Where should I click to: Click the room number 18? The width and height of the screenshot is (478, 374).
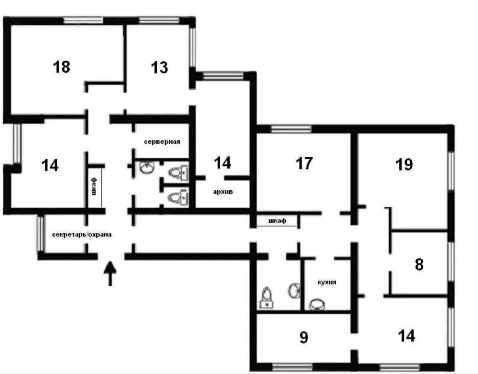coord(61,67)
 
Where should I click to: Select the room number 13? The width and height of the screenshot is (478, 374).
coord(159,68)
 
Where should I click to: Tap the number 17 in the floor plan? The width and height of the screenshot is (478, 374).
coord(304,163)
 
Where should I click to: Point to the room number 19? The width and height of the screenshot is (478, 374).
coord(404,164)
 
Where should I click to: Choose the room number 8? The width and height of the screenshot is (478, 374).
coord(419,264)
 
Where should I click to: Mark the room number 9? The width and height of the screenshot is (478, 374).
coord(304,337)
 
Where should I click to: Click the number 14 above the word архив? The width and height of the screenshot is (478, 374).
coord(223,163)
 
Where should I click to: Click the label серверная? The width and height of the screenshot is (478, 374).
coord(162,142)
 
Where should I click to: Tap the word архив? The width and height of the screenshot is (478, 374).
coord(223,192)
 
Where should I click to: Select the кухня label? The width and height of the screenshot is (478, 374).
coord(327,282)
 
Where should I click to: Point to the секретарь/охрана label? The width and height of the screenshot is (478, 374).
coord(82,234)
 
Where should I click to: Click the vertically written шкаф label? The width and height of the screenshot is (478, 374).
coord(94,187)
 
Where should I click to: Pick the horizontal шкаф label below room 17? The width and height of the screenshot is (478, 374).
coord(277,221)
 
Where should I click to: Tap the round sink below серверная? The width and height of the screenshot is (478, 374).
coord(147,167)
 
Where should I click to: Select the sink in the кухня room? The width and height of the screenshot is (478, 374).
coord(317,304)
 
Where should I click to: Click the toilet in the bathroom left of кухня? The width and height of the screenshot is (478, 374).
coord(266,297)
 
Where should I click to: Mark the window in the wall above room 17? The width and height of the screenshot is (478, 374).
coord(291,129)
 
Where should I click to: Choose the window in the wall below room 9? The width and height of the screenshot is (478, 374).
coord(292,367)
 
